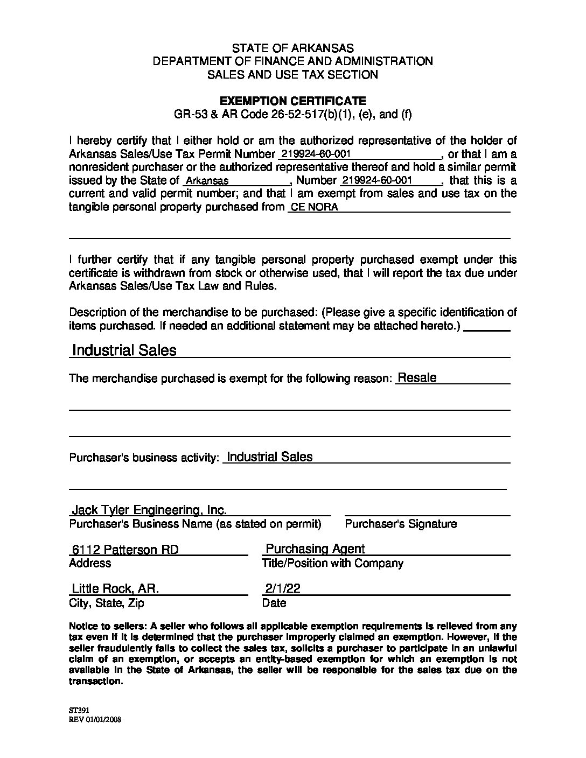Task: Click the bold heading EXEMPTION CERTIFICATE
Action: (x=293, y=101)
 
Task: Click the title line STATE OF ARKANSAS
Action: (x=293, y=48)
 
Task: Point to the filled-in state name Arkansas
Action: (x=207, y=181)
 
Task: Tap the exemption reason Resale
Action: (x=416, y=378)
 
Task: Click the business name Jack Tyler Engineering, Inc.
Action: (x=149, y=510)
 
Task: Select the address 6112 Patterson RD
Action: (x=125, y=550)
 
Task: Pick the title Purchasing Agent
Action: (x=315, y=549)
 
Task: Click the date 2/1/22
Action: (x=282, y=588)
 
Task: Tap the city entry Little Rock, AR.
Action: (x=115, y=588)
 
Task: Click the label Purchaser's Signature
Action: (x=401, y=524)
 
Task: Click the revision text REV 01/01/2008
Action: (x=95, y=719)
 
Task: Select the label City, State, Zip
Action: (x=107, y=603)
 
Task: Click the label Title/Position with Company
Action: (x=332, y=563)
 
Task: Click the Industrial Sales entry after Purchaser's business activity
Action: (x=269, y=457)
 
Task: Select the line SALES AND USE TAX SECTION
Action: (x=293, y=75)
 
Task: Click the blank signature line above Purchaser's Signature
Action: (x=427, y=514)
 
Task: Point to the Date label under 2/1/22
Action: (x=274, y=603)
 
